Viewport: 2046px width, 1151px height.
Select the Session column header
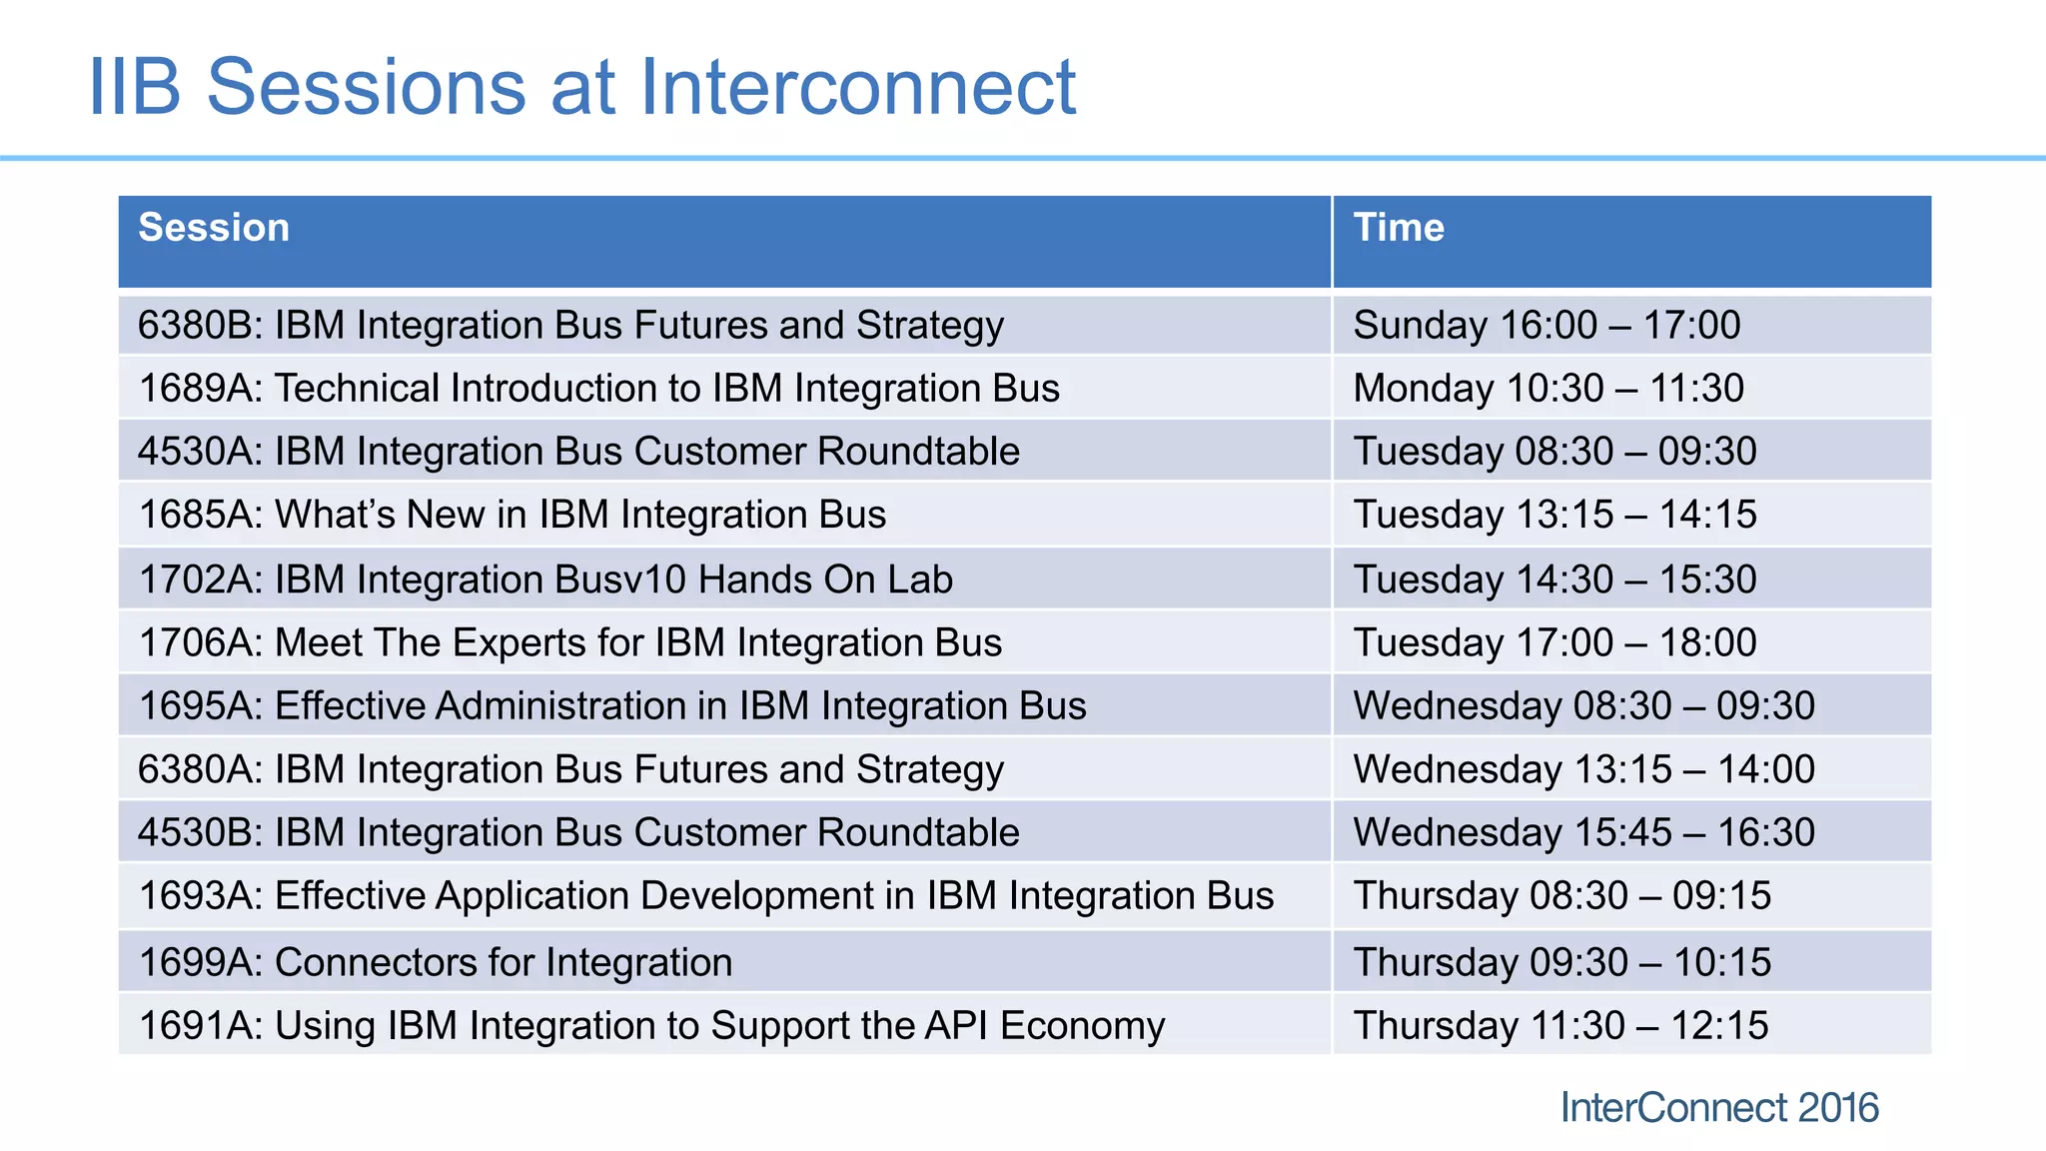pyautogui.click(x=214, y=228)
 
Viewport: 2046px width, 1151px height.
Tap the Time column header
pyautogui.click(x=1398, y=228)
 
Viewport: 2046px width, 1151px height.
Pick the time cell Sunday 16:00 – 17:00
pyautogui.click(x=1545, y=326)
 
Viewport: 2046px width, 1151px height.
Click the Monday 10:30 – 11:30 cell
pyautogui.click(x=1547, y=389)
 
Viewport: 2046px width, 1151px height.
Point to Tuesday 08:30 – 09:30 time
pyautogui.click(x=1554, y=452)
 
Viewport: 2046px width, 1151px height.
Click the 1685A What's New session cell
pyautogui.click(x=511, y=515)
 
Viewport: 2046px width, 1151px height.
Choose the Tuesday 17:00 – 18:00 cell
pyautogui.click(x=1554, y=642)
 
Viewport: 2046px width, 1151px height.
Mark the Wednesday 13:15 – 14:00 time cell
pyautogui.click(x=1583, y=769)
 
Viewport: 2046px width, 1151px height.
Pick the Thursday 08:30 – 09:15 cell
pyautogui.click(x=1561, y=896)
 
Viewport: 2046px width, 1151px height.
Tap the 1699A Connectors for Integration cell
pyautogui.click(x=436, y=962)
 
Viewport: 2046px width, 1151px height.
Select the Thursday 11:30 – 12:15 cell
pyautogui.click(x=1560, y=1026)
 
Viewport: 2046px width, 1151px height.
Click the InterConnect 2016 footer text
pyautogui.click(x=1718, y=1108)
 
